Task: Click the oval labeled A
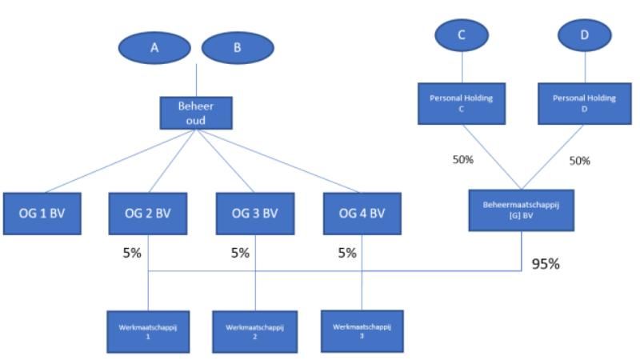click(x=154, y=48)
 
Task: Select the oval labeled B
click(x=237, y=48)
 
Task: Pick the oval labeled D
click(x=585, y=34)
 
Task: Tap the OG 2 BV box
click(x=149, y=213)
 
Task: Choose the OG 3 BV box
click(x=255, y=213)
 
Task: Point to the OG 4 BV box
click(x=362, y=213)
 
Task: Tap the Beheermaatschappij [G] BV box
click(x=521, y=210)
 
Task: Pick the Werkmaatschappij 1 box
click(x=149, y=331)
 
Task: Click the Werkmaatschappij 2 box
click(x=254, y=331)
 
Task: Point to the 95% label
click(x=546, y=263)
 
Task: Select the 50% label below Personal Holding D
click(x=579, y=161)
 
